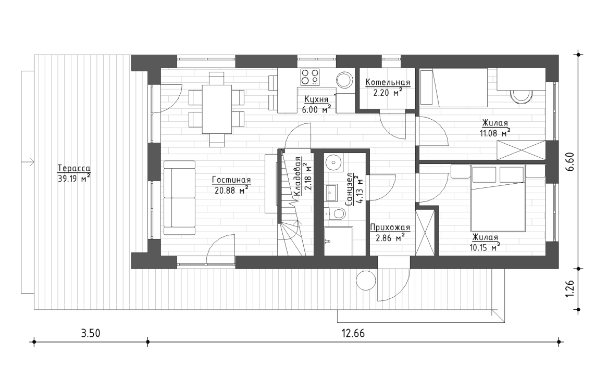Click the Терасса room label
73,169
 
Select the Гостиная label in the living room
231,180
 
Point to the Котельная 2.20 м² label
387,87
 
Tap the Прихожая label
390,227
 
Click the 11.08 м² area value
495,133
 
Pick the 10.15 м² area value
485,246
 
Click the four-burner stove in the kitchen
310,78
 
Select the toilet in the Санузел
336,213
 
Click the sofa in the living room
179,197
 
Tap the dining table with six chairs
217,108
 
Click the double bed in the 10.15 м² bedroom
498,198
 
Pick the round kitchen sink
344,80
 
